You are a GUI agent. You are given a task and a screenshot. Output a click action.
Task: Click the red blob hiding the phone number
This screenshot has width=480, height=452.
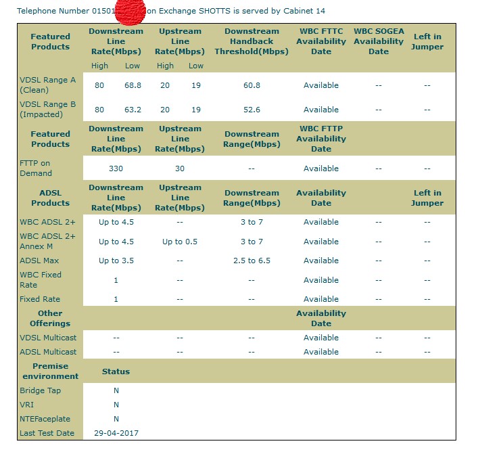(x=130, y=12)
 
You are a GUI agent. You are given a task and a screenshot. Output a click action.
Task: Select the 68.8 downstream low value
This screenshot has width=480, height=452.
(x=133, y=85)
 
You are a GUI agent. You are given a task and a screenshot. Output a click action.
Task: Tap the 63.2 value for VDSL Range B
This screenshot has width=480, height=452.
(x=133, y=110)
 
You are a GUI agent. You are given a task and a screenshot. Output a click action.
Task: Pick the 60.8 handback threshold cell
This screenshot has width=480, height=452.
(x=251, y=85)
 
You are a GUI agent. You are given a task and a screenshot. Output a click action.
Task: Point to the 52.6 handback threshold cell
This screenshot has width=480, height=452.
(x=251, y=110)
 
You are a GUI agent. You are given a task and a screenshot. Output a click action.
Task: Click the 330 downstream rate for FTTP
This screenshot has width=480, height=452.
(x=116, y=168)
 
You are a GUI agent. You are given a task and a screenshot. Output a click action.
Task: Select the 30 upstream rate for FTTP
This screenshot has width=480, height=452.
(x=180, y=168)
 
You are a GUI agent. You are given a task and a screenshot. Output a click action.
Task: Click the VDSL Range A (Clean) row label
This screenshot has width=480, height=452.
(x=47, y=85)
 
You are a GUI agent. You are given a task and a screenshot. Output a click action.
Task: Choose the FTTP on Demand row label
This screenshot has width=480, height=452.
(x=35, y=168)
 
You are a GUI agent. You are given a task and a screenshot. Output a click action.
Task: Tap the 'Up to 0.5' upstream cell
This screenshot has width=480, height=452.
(x=180, y=242)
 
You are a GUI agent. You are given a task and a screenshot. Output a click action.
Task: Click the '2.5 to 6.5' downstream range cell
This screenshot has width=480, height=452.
(x=251, y=261)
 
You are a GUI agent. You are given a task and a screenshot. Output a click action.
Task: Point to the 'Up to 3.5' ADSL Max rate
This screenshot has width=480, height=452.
(x=116, y=261)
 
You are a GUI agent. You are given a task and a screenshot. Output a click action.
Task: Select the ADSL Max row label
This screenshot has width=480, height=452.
(x=39, y=261)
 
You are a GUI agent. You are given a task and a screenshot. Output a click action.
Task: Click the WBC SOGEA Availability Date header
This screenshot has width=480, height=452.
(x=379, y=41)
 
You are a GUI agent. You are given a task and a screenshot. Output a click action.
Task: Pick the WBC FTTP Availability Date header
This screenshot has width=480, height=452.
(x=321, y=139)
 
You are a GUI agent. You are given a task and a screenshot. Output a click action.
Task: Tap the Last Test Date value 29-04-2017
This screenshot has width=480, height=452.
(x=116, y=433)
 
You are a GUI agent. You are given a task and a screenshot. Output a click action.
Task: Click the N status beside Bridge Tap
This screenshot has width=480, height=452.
(x=116, y=390)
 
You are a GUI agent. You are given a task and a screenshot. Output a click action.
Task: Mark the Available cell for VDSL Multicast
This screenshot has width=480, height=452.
(x=321, y=338)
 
